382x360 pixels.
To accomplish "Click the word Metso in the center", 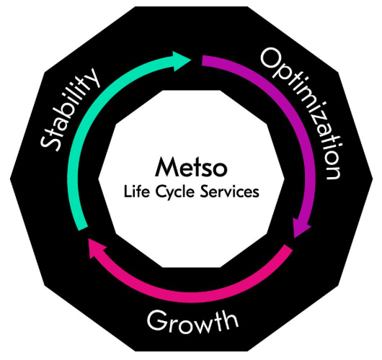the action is coord(191,167).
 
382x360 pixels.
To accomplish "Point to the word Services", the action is coord(229,192).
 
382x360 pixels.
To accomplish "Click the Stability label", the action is coord(70,109).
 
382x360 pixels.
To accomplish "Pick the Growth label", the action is coord(192,321).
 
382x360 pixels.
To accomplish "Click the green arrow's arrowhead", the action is coord(182,61).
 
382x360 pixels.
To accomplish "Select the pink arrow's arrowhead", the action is coord(97,247).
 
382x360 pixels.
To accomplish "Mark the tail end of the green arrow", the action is coord(83,228).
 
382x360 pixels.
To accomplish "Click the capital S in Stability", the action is coord(50,143).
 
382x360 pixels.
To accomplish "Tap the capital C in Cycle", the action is coord(160,192).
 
